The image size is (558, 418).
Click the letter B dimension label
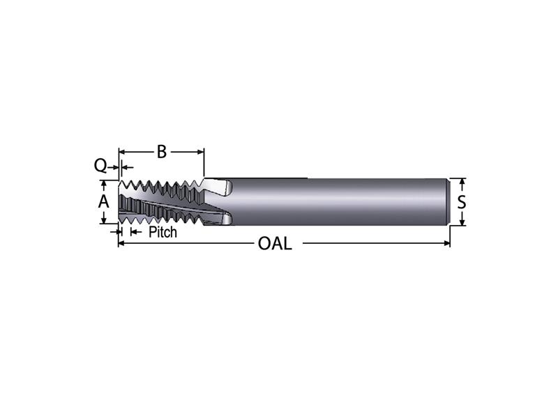click(161, 151)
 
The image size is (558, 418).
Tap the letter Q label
click(100, 166)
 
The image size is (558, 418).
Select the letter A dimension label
click(103, 201)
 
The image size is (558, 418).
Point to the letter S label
click(461, 202)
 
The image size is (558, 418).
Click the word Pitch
click(163, 232)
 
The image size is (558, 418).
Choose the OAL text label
click(275, 244)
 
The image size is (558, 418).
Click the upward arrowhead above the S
click(461, 182)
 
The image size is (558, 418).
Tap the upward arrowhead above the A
click(103, 183)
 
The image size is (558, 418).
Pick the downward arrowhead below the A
click(103, 219)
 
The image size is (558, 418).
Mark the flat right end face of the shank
click(447, 202)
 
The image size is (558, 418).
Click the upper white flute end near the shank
click(222, 187)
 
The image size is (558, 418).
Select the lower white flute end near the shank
click(225, 220)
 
